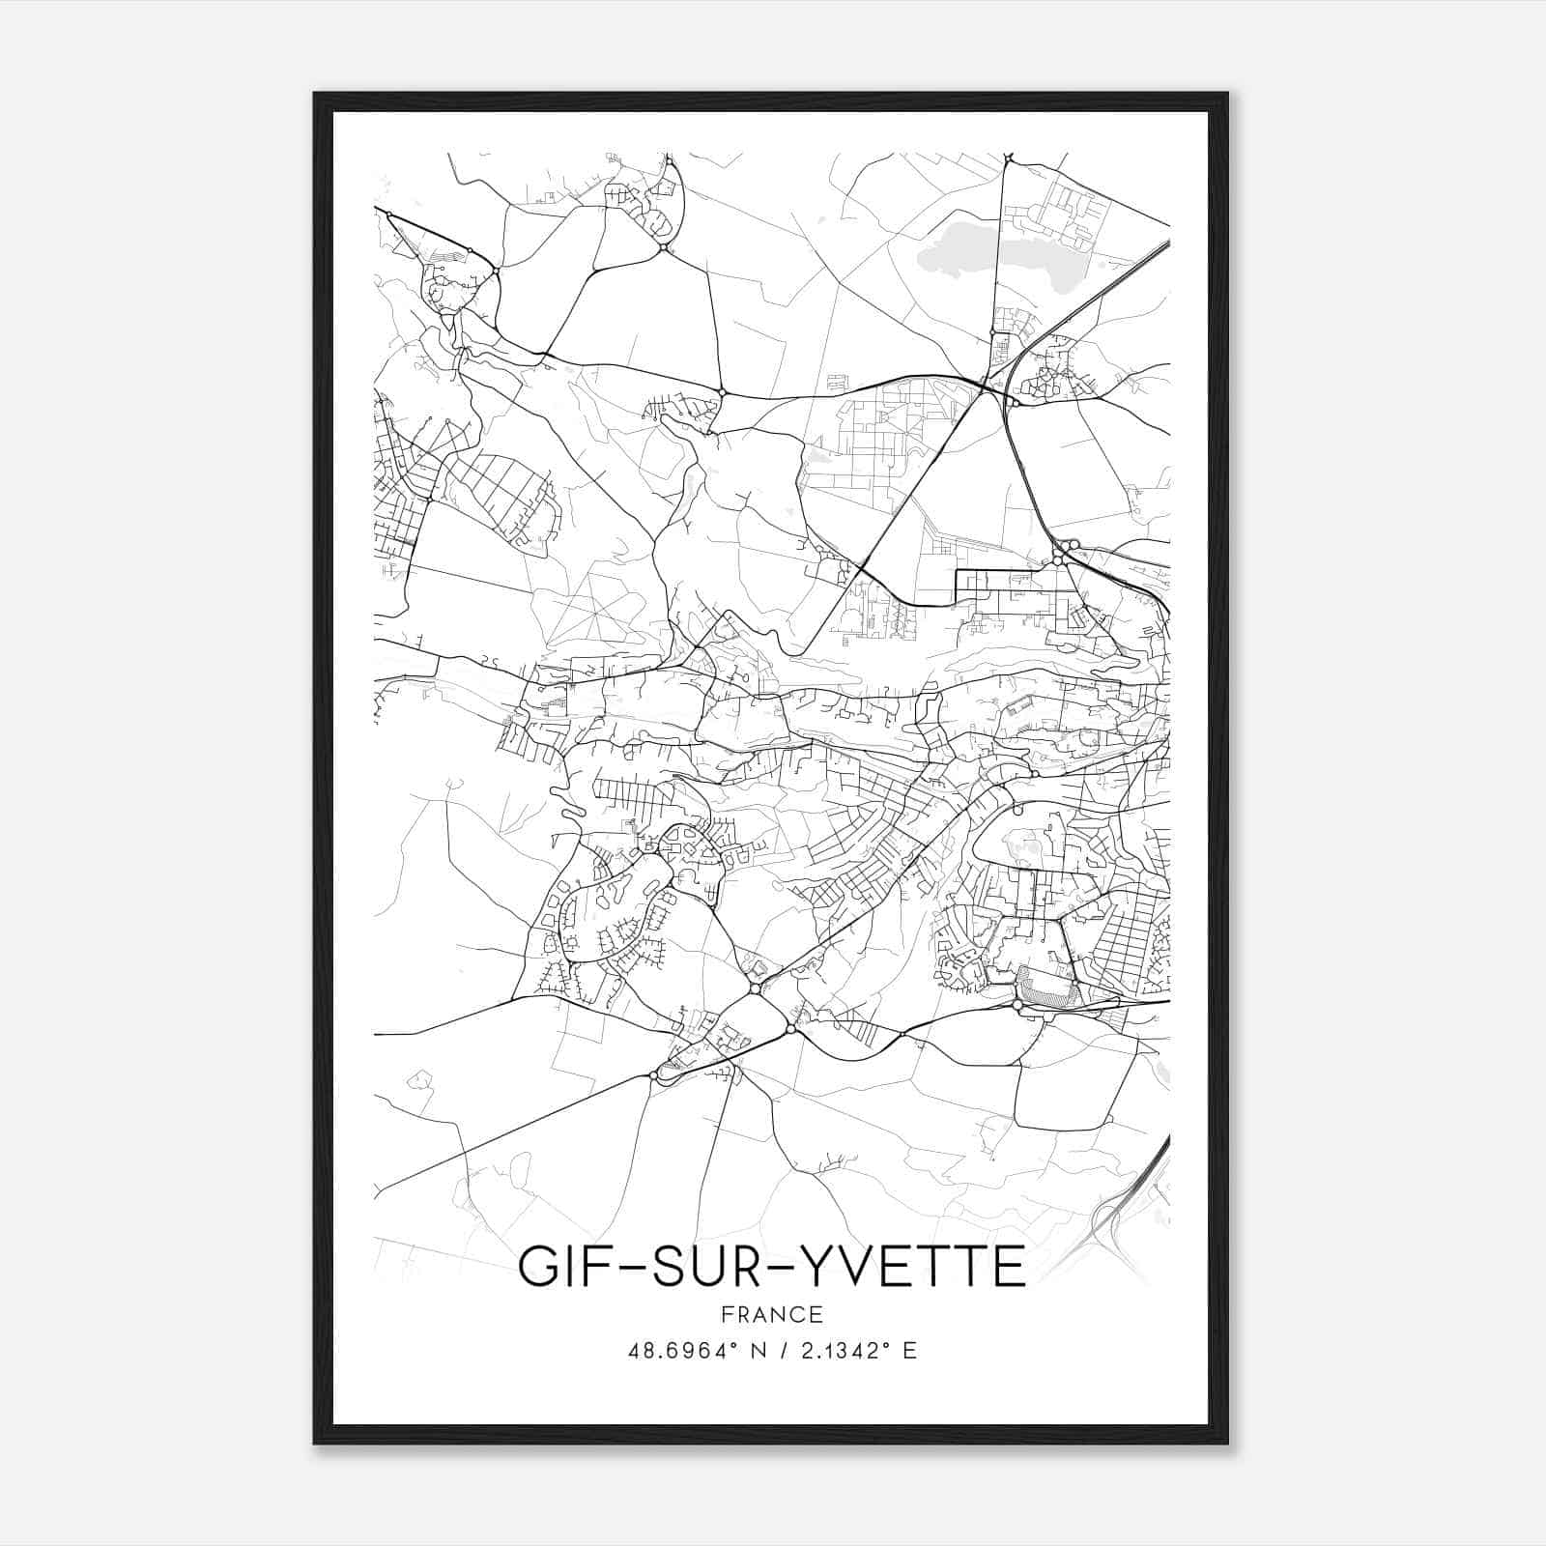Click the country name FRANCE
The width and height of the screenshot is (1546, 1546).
coord(772,1314)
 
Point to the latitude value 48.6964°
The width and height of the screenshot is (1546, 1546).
coord(683,1351)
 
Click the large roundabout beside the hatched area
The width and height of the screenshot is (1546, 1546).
coord(1017,1005)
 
